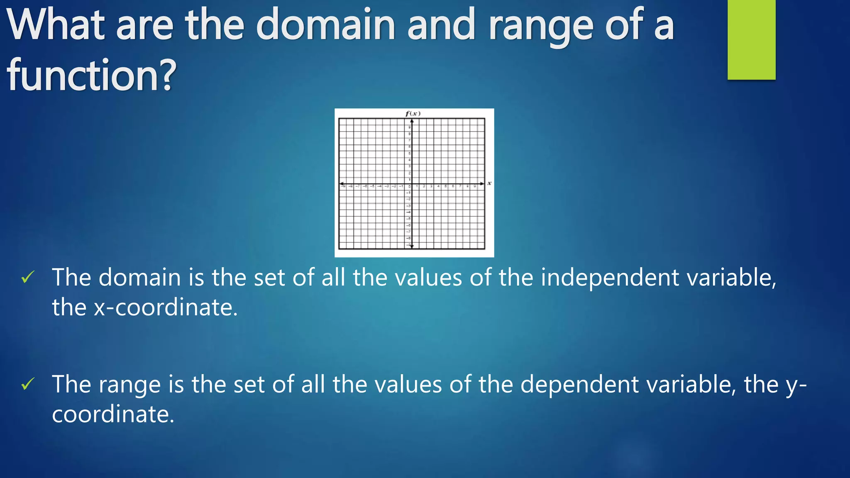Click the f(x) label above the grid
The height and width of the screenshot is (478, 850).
413,113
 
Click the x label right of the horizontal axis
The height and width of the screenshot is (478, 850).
489,183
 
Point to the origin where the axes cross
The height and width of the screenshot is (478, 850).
412,183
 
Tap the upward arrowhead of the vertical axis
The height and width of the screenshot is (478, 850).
412,121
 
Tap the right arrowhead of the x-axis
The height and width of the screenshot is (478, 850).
482,183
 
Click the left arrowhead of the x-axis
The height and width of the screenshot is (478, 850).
342,183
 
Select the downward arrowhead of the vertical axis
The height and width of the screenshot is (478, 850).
412,246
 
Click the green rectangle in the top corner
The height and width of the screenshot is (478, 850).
751,39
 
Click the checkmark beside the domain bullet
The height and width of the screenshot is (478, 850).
28,277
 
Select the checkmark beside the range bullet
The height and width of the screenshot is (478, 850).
28,384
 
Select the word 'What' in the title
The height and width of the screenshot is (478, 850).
56,25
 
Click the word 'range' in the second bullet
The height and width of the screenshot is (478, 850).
129,385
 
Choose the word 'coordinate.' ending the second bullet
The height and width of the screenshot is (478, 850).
113,415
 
